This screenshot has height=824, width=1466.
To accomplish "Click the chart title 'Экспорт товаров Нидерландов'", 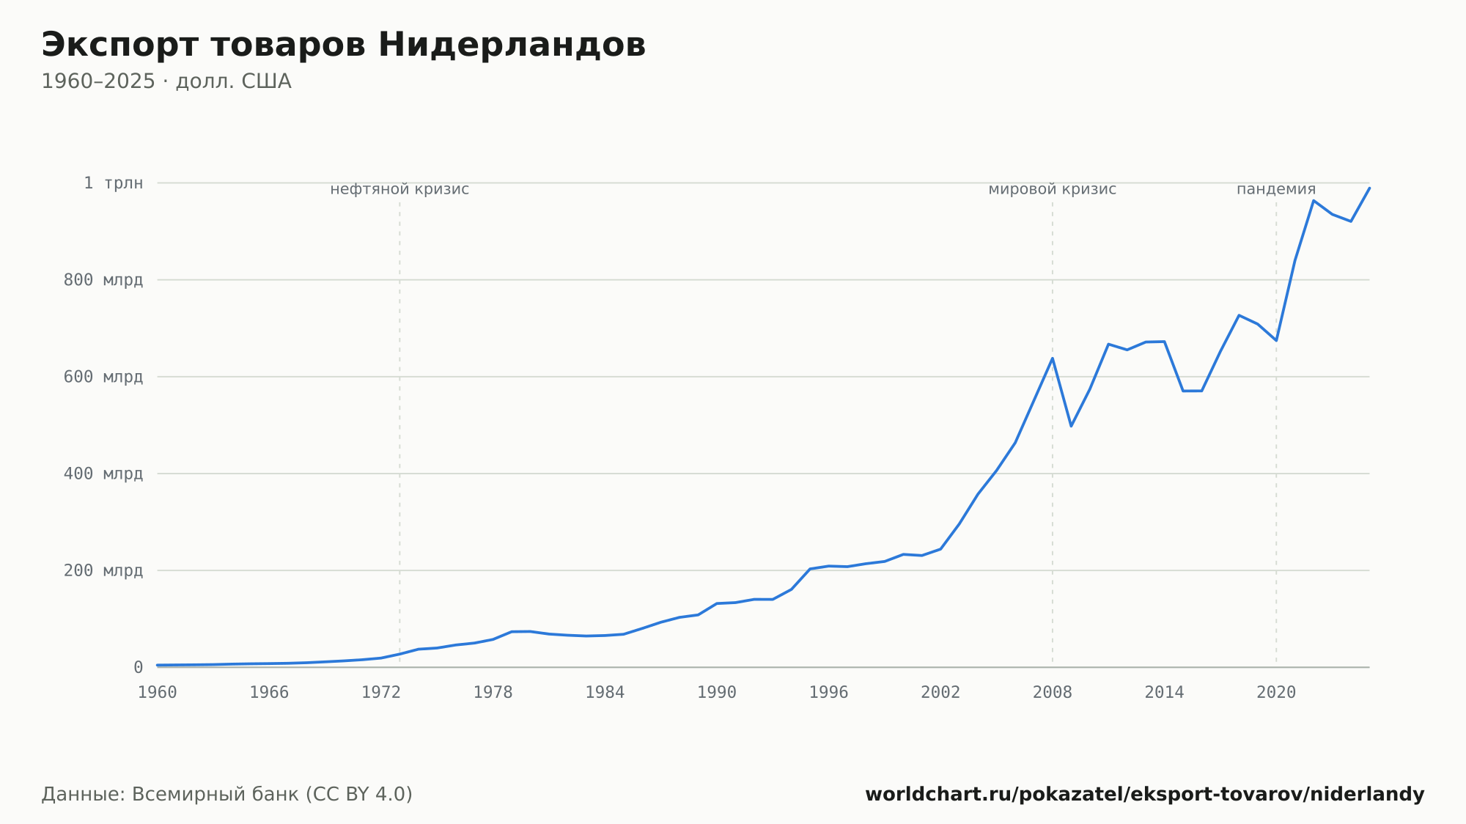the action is pyautogui.click(x=343, y=45).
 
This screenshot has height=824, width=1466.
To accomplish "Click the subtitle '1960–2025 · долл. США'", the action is pyautogui.click(x=166, y=81).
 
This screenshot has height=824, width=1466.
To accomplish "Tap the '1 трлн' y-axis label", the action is pyautogui.click(x=113, y=183).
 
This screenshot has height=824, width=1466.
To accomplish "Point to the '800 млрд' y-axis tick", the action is pyautogui.click(x=103, y=280).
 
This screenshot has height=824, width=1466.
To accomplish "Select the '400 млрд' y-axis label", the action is pyautogui.click(x=103, y=474).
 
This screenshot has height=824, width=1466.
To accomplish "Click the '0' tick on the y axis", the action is pyautogui.click(x=139, y=667).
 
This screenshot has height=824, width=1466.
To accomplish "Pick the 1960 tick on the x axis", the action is pyautogui.click(x=158, y=693).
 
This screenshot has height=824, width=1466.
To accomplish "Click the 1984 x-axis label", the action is pyautogui.click(x=605, y=693).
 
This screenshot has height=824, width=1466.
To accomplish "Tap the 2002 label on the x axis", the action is pyautogui.click(x=940, y=693).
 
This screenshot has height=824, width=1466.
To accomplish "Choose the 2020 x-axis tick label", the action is pyautogui.click(x=1276, y=693).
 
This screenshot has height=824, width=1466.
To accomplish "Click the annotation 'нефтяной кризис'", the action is pyautogui.click(x=399, y=189).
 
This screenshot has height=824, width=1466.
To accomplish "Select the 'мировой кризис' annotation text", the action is pyautogui.click(x=1053, y=189).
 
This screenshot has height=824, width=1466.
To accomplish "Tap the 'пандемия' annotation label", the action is pyautogui.click(x=1276, y=189).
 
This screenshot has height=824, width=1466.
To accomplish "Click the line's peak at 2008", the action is pyautogui.click(x=1053, y=358).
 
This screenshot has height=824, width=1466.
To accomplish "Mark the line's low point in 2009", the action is pyautogui.click(x=1071, y=426).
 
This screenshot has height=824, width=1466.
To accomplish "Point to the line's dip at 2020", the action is pyautogui.click(x=1276, y=340).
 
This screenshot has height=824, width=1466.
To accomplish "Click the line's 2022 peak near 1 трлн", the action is pyautogui.click(x=1314, y=200).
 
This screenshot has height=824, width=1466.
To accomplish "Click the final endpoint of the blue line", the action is pyautogui.click(x=1369, y=188).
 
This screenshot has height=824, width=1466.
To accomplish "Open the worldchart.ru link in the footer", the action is pyautogui.click(x=1145, y=795).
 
